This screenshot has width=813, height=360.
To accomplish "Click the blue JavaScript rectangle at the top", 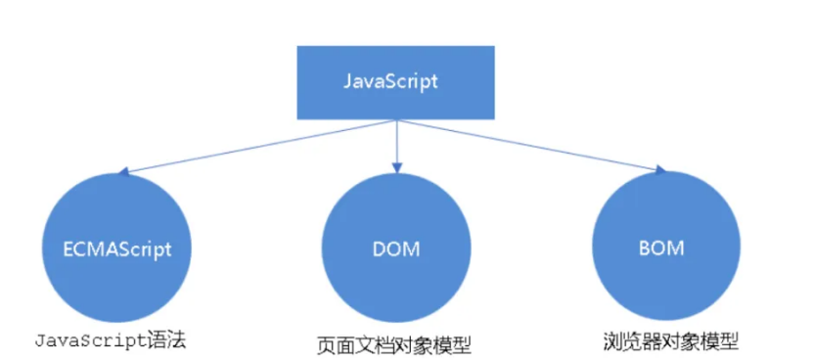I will point(396,81).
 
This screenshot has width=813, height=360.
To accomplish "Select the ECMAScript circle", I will point(109,247).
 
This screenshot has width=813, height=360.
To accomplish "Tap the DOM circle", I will point(396,247).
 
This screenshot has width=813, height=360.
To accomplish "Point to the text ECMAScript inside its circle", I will point(109,248).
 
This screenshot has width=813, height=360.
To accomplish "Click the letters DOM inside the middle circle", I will point(396,248).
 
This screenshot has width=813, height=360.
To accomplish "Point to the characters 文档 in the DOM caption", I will point(371,344).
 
